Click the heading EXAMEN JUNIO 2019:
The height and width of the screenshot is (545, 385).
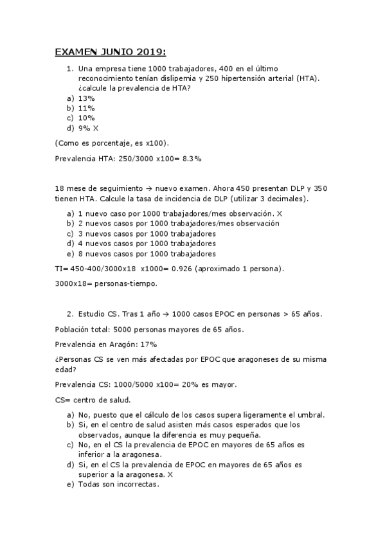coord(111,51)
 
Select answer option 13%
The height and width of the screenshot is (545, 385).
coord(86,98)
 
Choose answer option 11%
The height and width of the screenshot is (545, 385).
coord(86,108)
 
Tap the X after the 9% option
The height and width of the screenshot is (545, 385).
coord(95,128)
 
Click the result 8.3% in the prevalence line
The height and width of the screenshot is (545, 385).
coord(190,157)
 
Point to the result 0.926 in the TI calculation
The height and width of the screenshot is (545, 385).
coord(188,268)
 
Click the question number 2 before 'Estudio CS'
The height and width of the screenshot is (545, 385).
coord(69,314)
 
